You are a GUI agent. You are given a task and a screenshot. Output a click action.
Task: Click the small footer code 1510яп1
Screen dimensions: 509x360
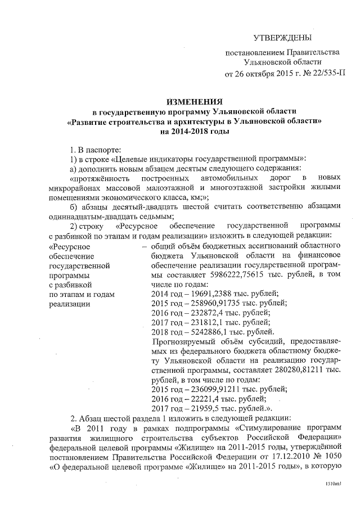tap(334, 484)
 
